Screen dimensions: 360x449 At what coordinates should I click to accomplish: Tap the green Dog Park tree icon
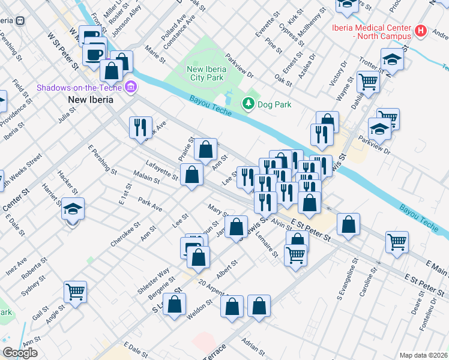248,104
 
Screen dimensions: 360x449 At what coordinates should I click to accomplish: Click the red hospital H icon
420,31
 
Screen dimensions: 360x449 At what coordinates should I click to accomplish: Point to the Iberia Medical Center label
372,31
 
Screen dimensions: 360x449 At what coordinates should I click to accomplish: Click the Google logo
20,353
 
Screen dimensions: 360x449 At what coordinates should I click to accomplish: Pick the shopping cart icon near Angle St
75,292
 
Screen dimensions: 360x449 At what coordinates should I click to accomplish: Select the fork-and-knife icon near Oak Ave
139,127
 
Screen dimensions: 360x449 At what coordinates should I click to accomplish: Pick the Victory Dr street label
342,73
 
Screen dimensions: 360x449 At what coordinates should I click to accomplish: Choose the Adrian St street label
252,346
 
